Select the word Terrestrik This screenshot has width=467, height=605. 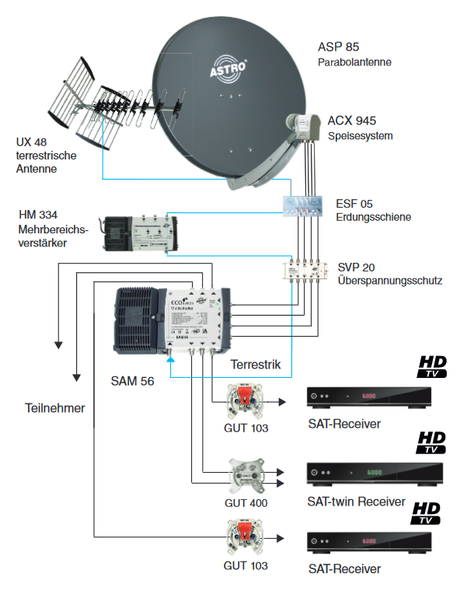click(255, 364)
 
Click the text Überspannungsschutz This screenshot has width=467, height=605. click(389, 280)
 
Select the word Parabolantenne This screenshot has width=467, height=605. click(354, 61)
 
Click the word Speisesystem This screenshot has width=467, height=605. click(360, 136)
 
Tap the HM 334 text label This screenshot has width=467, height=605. click(40, 214)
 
